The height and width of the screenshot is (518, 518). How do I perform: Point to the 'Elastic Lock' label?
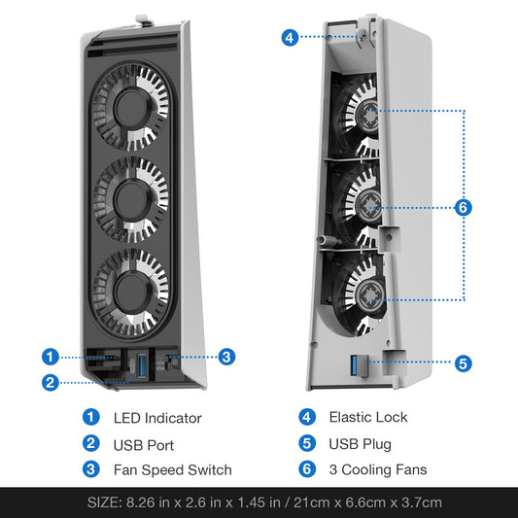click(x=368, y=417)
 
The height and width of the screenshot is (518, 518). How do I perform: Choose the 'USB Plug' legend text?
click(x=360, y=444)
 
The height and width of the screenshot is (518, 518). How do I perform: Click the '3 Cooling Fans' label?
click(x=375, y=470)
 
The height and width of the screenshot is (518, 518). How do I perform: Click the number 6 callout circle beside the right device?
click(x=463, y=207)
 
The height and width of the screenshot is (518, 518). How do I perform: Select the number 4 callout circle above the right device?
click(x=290, y=38)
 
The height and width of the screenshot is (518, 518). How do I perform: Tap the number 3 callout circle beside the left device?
click(x=226, y=357)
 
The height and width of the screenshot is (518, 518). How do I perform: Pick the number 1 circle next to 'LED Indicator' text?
click(x=91, y=417)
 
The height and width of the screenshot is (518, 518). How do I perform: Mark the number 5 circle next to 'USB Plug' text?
click(x=307, y=444)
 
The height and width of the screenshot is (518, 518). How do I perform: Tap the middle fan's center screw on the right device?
click(x=370, y=206)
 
